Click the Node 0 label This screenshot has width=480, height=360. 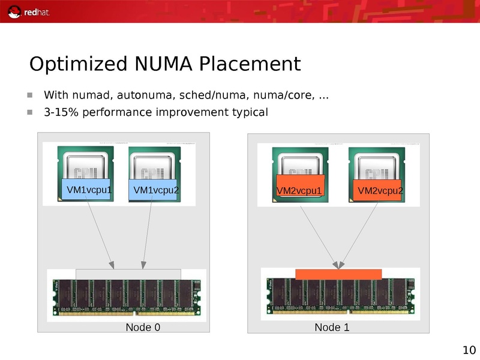point(143,327)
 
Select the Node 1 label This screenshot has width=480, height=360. point(332,327)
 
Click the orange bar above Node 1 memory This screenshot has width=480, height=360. point(338,274)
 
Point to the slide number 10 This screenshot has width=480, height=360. point(469,350)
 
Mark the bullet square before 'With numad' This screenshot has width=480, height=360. point(29,95)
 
